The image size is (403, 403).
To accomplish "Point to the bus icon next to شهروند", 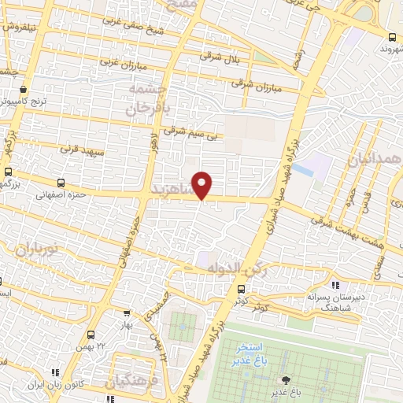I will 392,36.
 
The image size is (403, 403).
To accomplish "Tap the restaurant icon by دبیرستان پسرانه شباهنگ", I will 335,285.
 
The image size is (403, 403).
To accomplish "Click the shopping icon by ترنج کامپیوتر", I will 24,89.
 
